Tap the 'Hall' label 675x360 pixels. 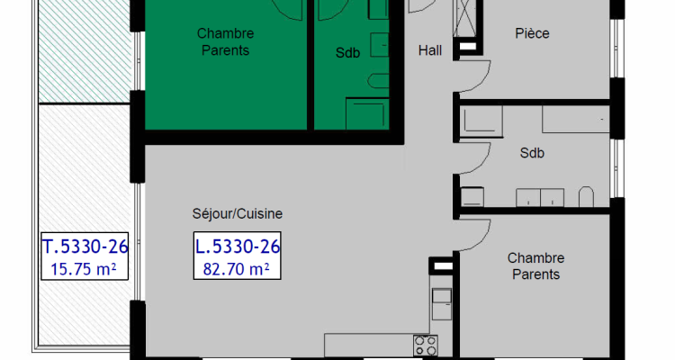[431, 51]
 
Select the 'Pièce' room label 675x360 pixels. [532, 33]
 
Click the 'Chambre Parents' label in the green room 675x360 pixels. [223, 42]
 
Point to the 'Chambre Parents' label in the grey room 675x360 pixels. [535, 266]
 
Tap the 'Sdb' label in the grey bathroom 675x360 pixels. [532, 153]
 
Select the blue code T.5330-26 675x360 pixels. [85, 246]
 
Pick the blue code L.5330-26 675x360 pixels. [238, 246]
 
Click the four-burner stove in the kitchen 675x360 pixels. [425, 345]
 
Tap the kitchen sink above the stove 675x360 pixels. [442, 303]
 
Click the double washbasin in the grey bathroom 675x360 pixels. [540, 197]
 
